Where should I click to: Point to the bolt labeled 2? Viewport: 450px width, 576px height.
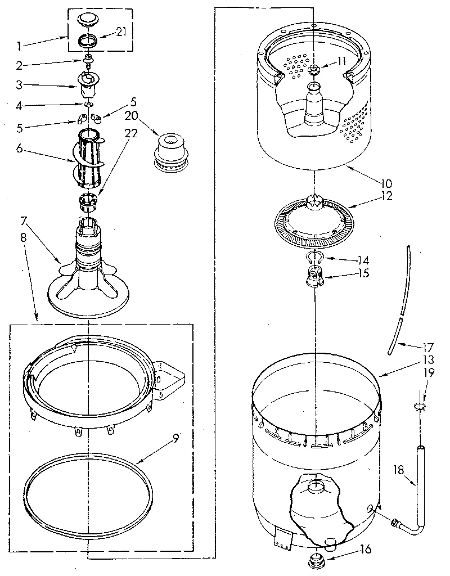pyautogui.click(x=88, y=60)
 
